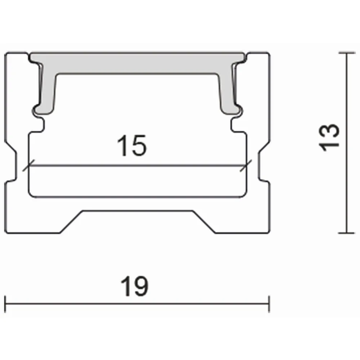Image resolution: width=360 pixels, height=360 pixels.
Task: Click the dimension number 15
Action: (131, 145)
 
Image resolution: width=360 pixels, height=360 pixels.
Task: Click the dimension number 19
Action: (135, 286)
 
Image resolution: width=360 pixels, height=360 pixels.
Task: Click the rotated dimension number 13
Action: (329, 138)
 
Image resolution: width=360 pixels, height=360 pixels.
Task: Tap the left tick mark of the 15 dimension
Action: (28, 165)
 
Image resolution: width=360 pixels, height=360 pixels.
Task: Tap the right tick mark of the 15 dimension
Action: (246, 165)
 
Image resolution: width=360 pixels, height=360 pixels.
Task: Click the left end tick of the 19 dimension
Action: (5, 304)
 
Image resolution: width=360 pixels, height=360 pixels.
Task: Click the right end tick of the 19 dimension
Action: (269, 304)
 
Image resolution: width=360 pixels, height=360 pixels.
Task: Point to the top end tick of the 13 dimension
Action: (347, 53)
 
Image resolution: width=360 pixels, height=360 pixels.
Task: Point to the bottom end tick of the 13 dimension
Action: (347, 233)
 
